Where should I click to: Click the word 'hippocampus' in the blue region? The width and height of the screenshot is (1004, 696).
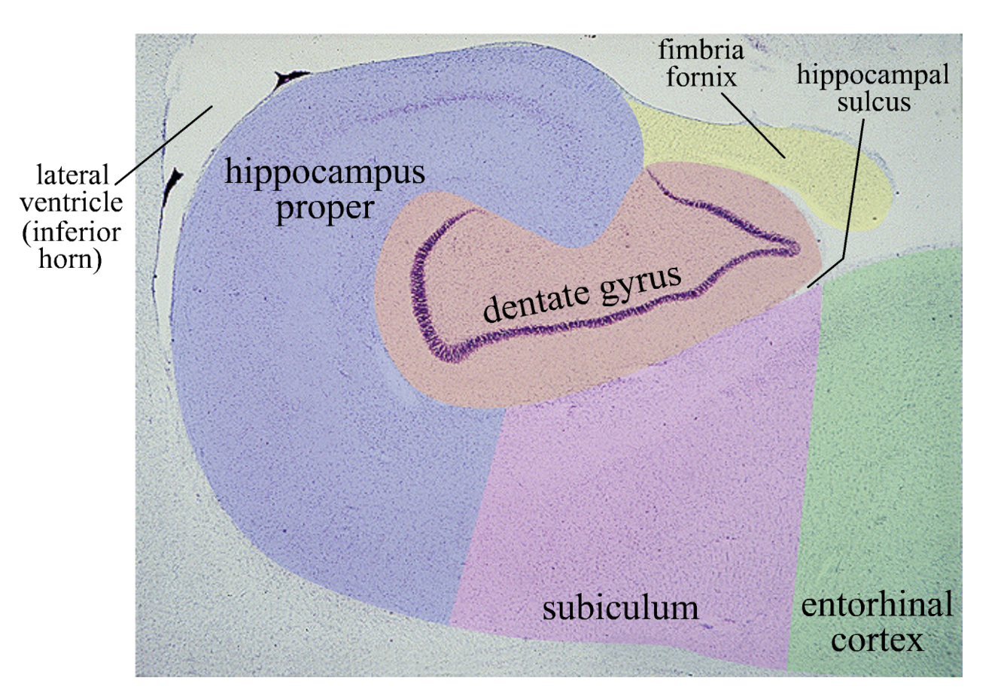click(x=325, y=173)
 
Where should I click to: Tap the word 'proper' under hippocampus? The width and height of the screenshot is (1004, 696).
click(x=324, y=207)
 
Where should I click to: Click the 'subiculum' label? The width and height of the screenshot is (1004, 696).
click(x=620, y=607)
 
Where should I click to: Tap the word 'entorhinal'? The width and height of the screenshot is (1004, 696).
click(x=877, y=604)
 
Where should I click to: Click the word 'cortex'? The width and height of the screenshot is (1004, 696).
click(x=877, y=640)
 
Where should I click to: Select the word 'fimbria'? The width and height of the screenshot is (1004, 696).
click(x=701, y=50)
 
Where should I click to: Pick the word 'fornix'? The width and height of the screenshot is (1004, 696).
click(x=701, y=76)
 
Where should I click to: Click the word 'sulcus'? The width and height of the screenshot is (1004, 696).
click(x=874, y=101)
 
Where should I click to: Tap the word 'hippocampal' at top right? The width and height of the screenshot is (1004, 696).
click(x=873, y=74)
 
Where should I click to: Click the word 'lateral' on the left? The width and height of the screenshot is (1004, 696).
click(x=73, y=175)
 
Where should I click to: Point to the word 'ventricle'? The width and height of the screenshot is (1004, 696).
click(x=71, y=202)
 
